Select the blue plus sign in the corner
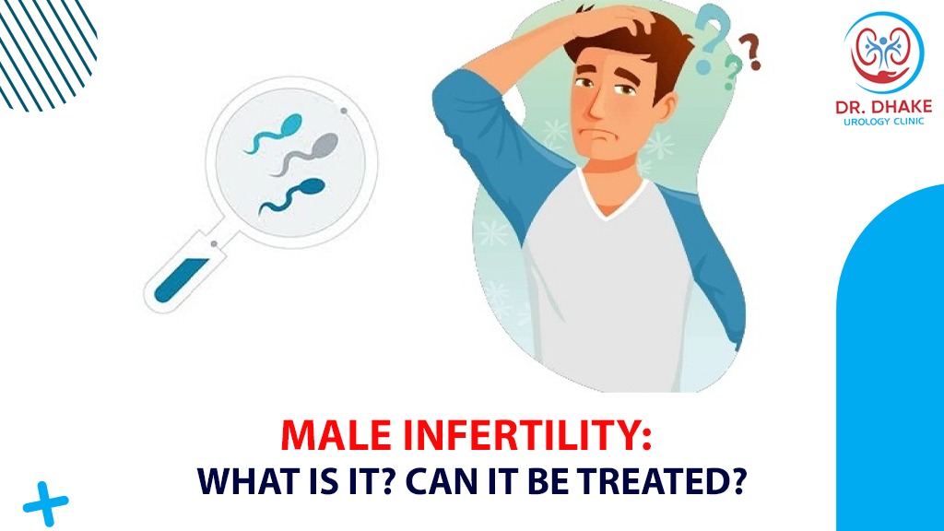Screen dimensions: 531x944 (45, 503)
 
